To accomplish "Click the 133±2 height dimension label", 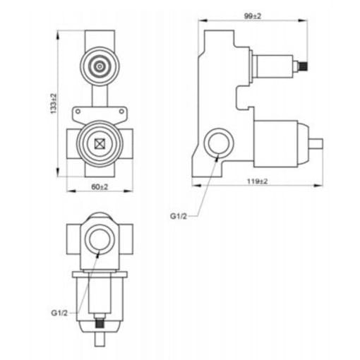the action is point(54,104).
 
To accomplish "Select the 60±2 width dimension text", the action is point(100,187).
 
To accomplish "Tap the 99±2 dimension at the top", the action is point(253,16).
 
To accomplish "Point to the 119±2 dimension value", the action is point(258,181).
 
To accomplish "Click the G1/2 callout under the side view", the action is point(179,216).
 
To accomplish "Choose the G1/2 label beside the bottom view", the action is point(59,313).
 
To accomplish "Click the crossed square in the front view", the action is point(100,144).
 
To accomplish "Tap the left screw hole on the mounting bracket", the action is point(78,112).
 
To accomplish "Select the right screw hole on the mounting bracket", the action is point(121,112).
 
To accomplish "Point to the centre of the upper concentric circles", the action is point(100,66).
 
